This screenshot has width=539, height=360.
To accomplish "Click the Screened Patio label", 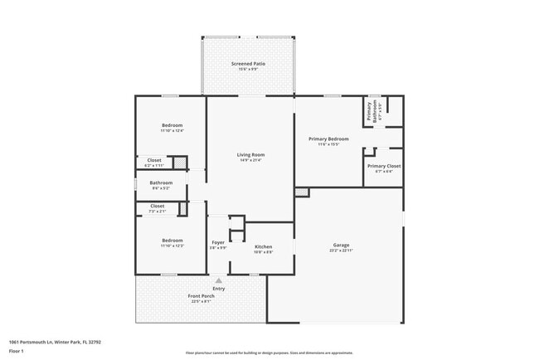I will (x=246, y=64).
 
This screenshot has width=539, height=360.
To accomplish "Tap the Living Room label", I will (x=250, y=154).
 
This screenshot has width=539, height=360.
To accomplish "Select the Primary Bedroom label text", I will (x=328, y=139).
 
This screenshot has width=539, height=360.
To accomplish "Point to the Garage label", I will (x=340, y=245).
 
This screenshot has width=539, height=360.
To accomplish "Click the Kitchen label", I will (x=263, y=246).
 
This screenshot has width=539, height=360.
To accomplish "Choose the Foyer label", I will (x=218, y=242).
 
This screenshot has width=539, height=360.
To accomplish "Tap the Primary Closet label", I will (x=383, y=166).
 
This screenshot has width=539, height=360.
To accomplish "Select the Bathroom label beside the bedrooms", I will (x=161, y=182).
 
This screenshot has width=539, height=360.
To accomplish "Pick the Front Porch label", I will (x=201, y=296).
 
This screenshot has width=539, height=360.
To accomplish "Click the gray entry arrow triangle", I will (x=219, y=281).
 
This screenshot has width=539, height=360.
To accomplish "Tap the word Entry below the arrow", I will (x=219, y=289).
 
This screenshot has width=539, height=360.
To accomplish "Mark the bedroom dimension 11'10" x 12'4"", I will (x=172, y=130).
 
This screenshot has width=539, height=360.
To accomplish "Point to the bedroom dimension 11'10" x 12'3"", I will (x=172, y=246).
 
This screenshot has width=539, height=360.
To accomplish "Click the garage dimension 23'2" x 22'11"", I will (x=340, y=251).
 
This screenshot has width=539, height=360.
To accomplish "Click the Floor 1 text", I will (x=17, y=351).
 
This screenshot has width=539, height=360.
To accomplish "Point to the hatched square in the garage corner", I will (x=301, y=192).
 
